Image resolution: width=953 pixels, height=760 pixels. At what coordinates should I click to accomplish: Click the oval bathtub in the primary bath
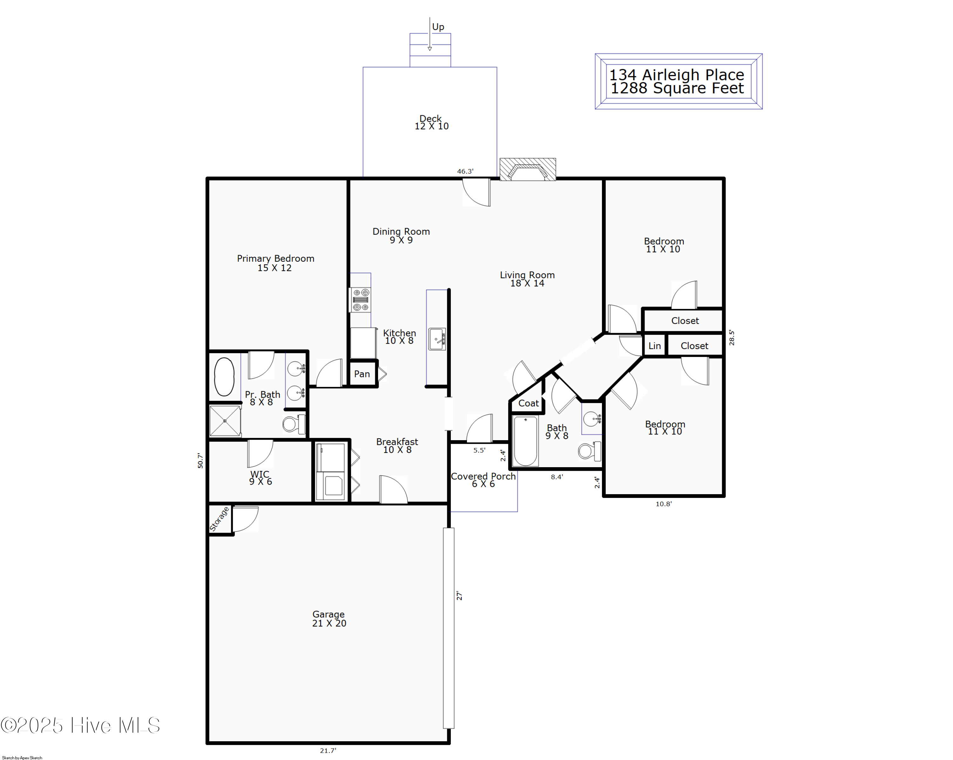pos(224,376)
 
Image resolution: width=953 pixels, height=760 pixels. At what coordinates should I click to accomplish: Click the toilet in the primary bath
pos(293,424)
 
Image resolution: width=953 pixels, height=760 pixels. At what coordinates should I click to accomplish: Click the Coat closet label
pos(528,403)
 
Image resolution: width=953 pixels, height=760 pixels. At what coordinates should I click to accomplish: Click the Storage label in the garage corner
pos(219,519)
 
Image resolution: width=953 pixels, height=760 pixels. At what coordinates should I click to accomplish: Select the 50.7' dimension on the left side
pos(200,461)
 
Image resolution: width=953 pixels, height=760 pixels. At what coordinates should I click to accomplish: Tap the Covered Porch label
pos(483,476)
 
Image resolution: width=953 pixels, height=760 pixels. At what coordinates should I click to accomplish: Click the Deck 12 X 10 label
pos(431,122)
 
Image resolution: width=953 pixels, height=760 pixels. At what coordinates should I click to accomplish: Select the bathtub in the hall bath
pos(525,441)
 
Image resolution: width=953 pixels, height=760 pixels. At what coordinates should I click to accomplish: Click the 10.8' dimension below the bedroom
pos(664,504)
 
